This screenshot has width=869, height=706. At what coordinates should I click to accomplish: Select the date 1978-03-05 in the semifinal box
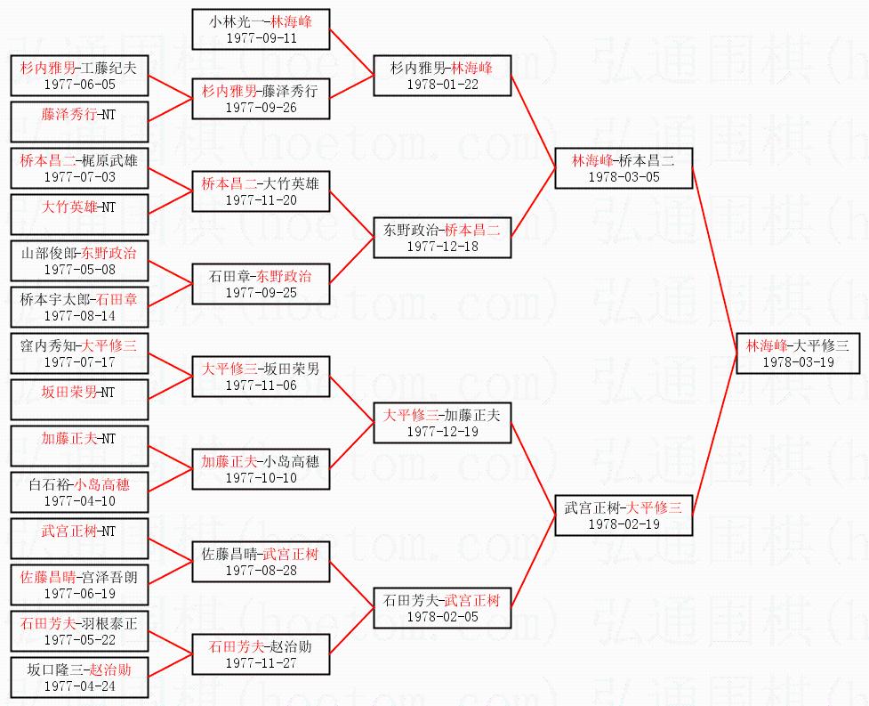coord(624,177)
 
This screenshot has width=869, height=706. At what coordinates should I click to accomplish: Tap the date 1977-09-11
coord(262,38)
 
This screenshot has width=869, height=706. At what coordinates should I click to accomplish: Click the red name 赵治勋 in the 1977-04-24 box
coord(110,669)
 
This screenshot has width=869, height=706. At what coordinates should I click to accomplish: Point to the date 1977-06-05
coord(80,85)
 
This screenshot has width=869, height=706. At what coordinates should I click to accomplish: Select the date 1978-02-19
coord(624,524)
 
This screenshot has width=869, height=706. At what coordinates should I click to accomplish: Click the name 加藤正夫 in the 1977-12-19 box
coord(472,415)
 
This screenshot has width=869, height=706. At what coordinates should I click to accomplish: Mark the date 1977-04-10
coord(80,501)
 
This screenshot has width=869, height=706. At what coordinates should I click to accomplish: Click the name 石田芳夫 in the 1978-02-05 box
coord(411,600)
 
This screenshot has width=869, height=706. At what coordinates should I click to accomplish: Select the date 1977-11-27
coord(262,662)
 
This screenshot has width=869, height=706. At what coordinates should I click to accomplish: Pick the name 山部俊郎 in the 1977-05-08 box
coord(48,254)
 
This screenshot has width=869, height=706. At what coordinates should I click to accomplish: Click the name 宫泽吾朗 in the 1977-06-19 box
coord(109,577)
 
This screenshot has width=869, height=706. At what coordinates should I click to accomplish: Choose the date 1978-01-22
coord(442,85)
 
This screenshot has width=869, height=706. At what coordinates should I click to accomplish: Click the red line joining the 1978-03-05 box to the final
coord(714,261)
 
